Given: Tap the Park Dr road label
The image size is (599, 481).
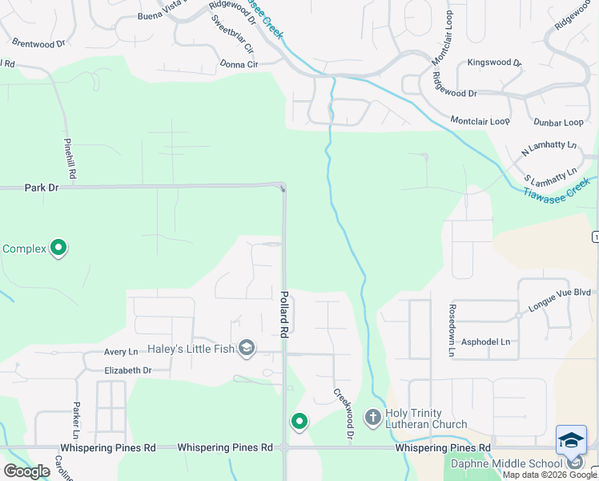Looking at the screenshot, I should coord(42,188).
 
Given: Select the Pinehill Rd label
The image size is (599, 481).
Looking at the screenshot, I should coord(70,157).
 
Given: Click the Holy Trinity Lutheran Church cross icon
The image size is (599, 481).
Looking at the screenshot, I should coord(372,417).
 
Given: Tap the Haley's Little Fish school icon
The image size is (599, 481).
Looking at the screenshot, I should coord(247,348).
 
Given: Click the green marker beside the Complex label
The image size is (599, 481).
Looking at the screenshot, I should coord(58,249).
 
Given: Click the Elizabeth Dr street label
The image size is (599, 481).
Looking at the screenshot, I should coord(127,370).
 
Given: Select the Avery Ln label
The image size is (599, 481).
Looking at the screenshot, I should coord(121,352).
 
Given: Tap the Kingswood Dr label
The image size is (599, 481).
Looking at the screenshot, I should coord(494,62).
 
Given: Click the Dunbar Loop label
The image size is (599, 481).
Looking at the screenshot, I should coord(559,122).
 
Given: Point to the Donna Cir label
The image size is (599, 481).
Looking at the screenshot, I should coord(239,64).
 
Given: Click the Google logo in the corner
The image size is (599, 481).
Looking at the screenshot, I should coord(26,471).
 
